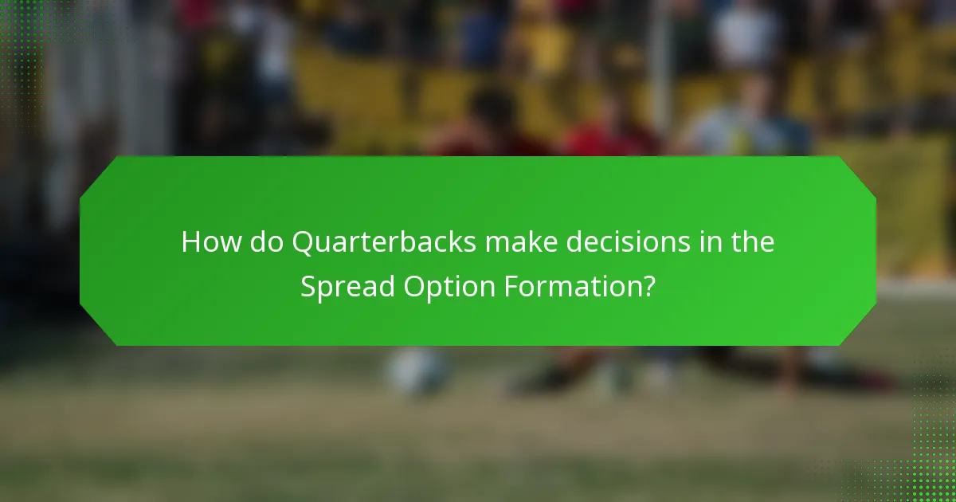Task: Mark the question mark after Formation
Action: point(648,285)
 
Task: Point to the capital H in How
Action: point(190,242)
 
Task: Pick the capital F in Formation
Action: point(509,285)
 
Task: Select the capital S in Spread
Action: point(308,285)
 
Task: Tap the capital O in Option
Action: point(414,285)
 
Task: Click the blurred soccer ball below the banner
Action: point(417,371)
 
